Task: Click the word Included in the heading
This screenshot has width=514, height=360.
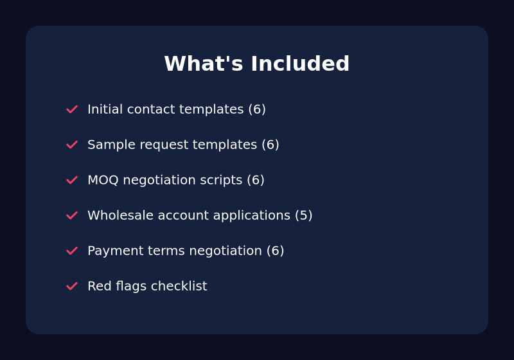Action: click(300, 63)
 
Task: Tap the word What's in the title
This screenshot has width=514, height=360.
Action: click(203, 63)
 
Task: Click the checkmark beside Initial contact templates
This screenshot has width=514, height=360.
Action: click(72, 109)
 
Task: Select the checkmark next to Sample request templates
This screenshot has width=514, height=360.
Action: click(72, 145)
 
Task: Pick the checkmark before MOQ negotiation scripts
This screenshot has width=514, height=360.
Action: click(72, 180)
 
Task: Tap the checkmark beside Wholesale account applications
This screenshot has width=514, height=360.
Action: click(72, 215)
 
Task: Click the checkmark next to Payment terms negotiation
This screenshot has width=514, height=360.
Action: click(72, 251)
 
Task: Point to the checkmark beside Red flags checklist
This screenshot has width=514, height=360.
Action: click(72, 286)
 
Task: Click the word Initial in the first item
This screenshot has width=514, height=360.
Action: click(105, 109)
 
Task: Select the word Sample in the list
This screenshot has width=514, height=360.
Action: click(111, 145)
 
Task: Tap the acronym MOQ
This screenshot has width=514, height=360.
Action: click(103, 180)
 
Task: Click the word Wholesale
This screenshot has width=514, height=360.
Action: click(120, 215)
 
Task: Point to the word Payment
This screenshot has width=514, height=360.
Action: click(116, 251)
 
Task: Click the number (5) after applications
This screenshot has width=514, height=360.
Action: click(303, 215)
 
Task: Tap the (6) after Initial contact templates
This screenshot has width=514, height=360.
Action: click(257, 109)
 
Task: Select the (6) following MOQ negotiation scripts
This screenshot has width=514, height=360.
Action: click(256, 180)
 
